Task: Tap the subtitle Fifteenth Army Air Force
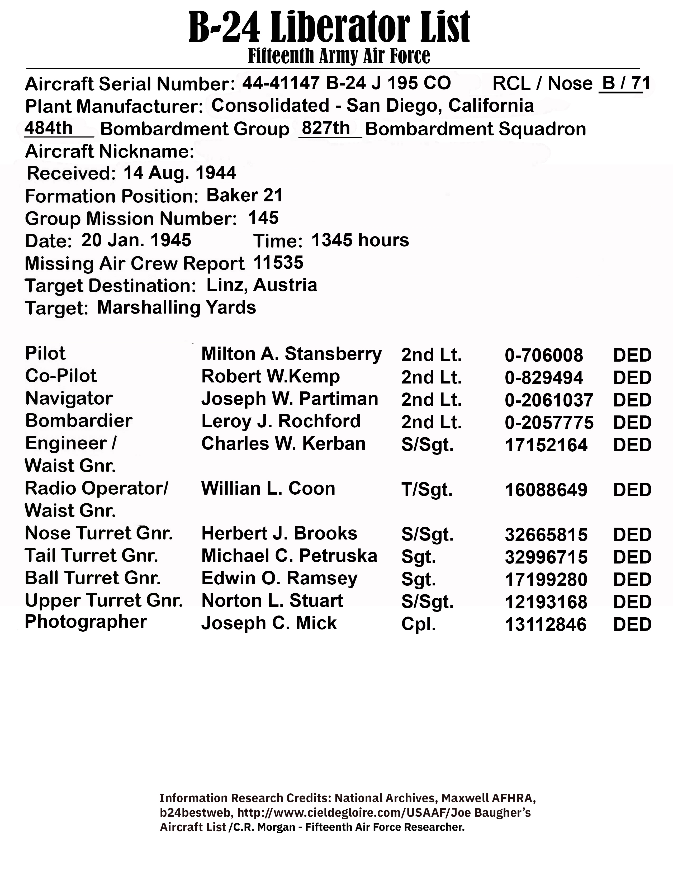339,56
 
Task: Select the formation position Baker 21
244,195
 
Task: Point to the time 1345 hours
360,240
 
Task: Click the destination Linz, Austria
262,285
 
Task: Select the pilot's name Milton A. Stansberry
291,354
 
